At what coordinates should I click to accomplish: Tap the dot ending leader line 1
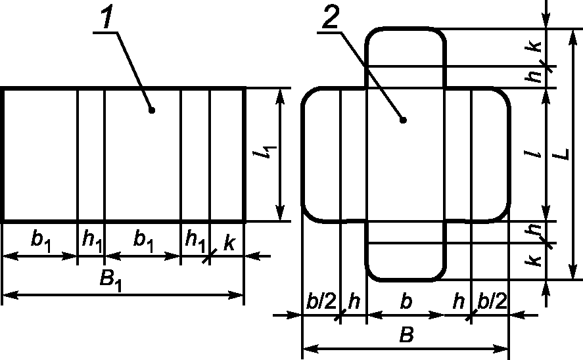152,110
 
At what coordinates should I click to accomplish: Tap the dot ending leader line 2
403,120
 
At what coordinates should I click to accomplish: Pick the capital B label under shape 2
406,335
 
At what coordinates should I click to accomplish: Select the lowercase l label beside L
537,155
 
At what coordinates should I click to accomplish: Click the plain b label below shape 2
406,302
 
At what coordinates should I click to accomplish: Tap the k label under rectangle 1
229,242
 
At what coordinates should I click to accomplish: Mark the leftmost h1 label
91,241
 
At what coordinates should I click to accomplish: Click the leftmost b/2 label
321,302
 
